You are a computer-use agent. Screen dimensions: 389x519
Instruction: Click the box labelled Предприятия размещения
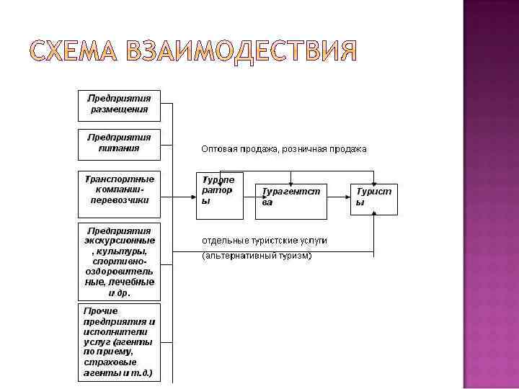[119, 104]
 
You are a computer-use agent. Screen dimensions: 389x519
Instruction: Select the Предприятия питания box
[119, 143]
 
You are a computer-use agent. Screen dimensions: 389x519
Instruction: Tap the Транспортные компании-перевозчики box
[119, 193]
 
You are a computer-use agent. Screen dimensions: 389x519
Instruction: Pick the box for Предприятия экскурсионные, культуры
[119, 261]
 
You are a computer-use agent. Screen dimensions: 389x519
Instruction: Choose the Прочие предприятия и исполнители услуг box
[119, 342]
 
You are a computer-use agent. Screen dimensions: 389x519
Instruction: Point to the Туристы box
[374, 199]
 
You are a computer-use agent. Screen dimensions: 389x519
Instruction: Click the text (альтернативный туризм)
[257, 256]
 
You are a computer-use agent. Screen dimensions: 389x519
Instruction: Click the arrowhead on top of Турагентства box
[290, 180]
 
